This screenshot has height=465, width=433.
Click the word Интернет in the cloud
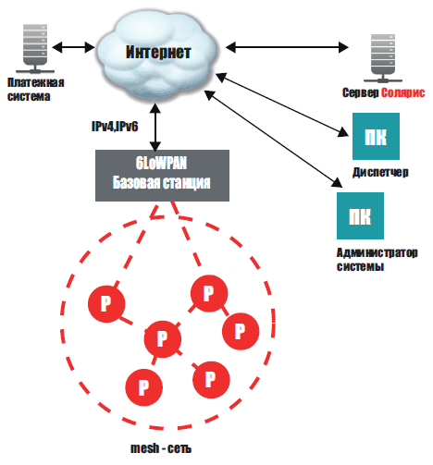pyautogui.click(x=158, y=52)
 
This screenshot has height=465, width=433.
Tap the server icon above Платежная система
pyautogui.click(x=35, y=49)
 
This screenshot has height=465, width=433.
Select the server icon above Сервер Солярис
pyautogui.click(x=383, y=58)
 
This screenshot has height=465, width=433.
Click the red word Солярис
pyautogui.click(x=402, y=92)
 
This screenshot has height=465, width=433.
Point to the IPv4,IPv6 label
pyautogui.click(x=115, y=127)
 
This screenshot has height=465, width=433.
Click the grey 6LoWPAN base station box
pyautogui.click(x=162, y=176)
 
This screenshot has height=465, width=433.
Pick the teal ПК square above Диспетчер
pyautogui.click(x=376, y=136)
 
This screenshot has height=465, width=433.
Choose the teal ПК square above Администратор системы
pyautogui.click(x=360, y=215)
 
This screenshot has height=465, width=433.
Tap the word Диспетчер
pyautogui.click(x=380, y=172)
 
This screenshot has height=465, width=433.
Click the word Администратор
pyautogui.click(x=377, y=252)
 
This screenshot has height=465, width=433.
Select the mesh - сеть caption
pyautogui.click(x=161, y=448)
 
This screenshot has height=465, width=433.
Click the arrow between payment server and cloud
pyautogui.click(x=73, y=47)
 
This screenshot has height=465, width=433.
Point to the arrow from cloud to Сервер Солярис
pyautogui.click(x=287, y=47)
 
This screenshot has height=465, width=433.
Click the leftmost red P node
pyautogui.click(x=106, y=304)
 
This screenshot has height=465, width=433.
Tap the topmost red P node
pyautogui.click(x=209, y=293)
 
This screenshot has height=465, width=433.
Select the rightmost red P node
pyautogui.click(x=241, y=331)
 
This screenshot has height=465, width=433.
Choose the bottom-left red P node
pyautogui.click(x=144, y=387)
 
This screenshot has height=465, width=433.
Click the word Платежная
pyautogui.click(x=36, y=82)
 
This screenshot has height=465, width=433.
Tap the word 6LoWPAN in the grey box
pyautogui.click(x=161, y=163)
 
